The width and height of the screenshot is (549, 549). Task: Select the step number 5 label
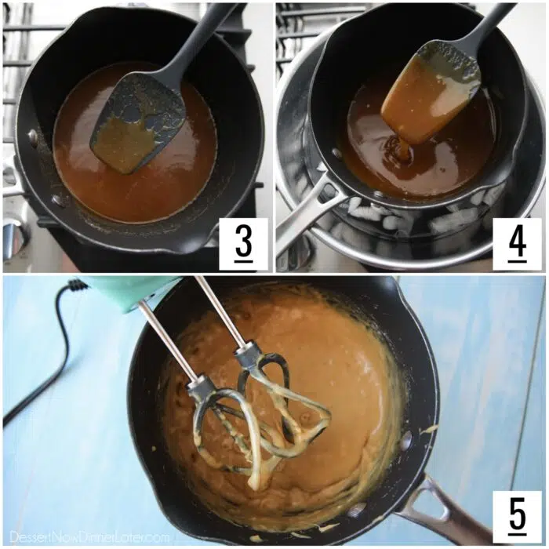(518, 514)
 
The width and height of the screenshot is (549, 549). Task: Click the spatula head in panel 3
(137, 125)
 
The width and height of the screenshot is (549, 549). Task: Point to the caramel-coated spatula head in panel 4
(431, 94)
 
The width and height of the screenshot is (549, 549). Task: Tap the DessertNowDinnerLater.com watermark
(89, 536)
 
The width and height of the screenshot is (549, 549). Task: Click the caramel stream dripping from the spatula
(403, 151)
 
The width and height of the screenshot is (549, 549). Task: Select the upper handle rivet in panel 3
(33, 135)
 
